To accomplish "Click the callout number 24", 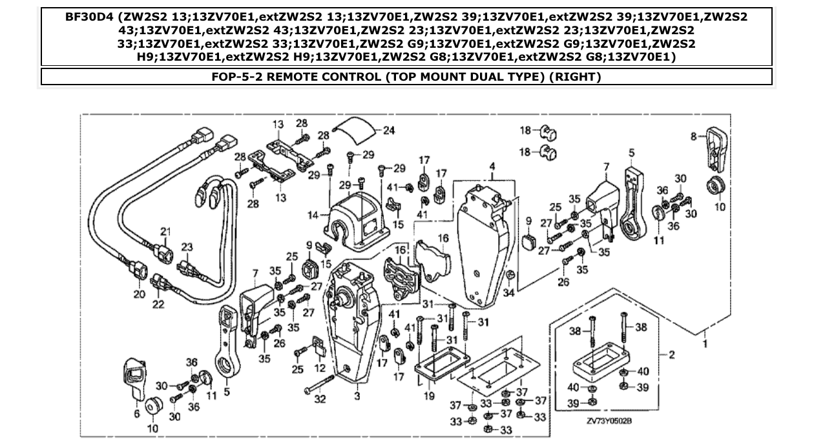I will [389, 130].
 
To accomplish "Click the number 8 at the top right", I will [694, 136].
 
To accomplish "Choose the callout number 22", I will [159, 303].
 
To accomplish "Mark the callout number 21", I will [165, 232].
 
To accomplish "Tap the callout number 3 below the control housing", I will [356, 396].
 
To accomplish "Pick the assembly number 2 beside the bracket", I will [672, 354].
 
